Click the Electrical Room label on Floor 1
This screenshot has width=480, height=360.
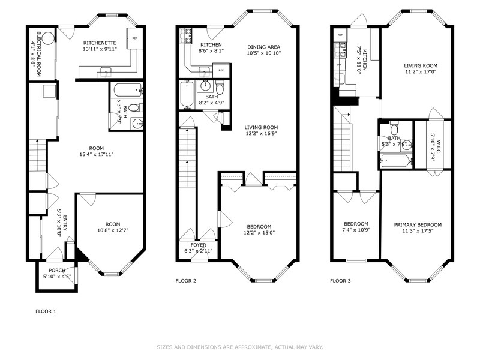point(39,54)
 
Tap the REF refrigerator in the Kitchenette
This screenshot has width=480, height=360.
point(134,38)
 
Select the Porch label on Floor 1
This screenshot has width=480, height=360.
point(57,271)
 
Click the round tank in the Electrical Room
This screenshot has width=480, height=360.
point(49,38)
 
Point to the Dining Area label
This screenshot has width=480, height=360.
point(263,47)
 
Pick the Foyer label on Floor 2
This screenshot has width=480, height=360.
point(199,245)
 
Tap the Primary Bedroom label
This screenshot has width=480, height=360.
point(418,224)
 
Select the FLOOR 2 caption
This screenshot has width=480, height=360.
point(186,281)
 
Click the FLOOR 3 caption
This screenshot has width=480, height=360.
point(340,281)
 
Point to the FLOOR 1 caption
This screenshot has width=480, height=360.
point(46,311)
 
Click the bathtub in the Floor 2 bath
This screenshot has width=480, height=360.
point(187,94)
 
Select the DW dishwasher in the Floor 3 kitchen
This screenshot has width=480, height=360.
point(339,65)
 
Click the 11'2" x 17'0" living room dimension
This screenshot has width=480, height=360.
point(421,71)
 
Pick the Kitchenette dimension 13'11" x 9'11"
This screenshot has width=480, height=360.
point(100,49)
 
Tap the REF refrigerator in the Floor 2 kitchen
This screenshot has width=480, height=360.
point(221,70)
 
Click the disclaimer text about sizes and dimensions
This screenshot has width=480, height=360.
point(240,347)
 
